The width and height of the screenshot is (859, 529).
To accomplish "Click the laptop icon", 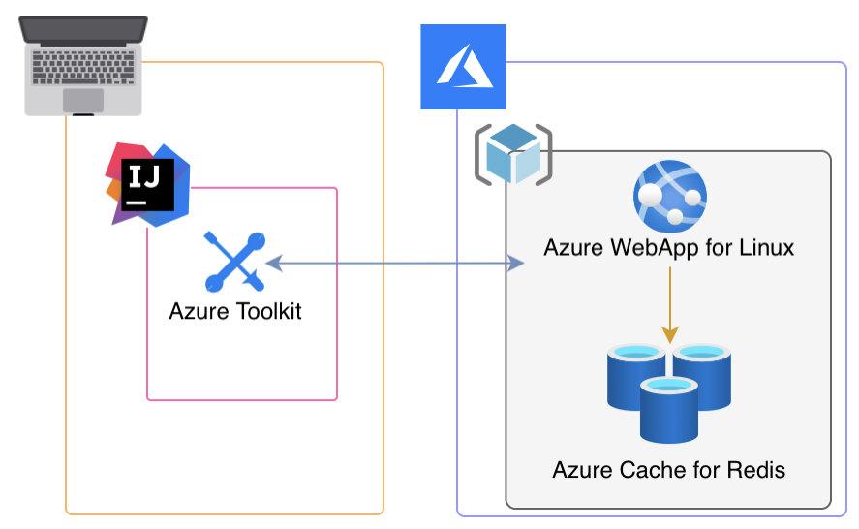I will (x=84, y=65).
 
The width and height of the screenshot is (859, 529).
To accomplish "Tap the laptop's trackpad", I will (x=84, y=99).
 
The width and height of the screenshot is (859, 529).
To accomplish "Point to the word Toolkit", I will (x=265, y=312).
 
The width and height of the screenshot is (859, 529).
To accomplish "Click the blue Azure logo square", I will (x=463, y=67).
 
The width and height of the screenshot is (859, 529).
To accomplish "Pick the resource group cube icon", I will (x=513, y=154).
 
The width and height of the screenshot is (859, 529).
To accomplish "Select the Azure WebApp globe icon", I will (x=668, y=195).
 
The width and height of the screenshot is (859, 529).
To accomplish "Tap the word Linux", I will (x=768, y=248).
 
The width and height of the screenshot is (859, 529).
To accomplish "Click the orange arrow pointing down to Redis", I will (x=669, y=304).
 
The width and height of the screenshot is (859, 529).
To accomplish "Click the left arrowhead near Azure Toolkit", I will (x=272, y=262).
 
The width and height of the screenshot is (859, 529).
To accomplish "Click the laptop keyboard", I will (x=84, y=64).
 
